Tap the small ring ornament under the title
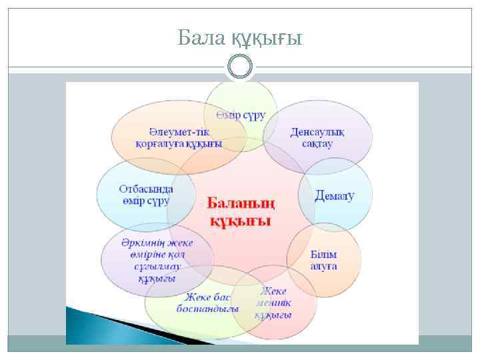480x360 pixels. tap(240, 66)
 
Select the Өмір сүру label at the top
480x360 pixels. tap(241, 115)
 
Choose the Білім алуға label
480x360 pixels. tap(324, 261)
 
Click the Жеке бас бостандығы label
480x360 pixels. tap(207, 303)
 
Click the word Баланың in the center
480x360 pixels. tap(241, 202)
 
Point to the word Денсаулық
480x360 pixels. tap(317, 131)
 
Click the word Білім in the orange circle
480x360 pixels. tap(324, 255)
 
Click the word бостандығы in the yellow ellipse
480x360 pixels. tap(207, 309)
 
